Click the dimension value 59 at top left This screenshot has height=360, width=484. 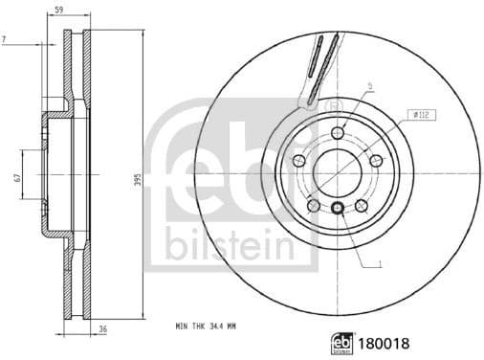tap(59, 11)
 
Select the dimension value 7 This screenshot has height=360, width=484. tap(7, 38)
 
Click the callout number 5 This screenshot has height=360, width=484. tap(369, 86)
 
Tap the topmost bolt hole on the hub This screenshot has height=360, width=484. tap(337, 132)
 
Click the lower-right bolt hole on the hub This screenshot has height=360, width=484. tap(362, 204)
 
